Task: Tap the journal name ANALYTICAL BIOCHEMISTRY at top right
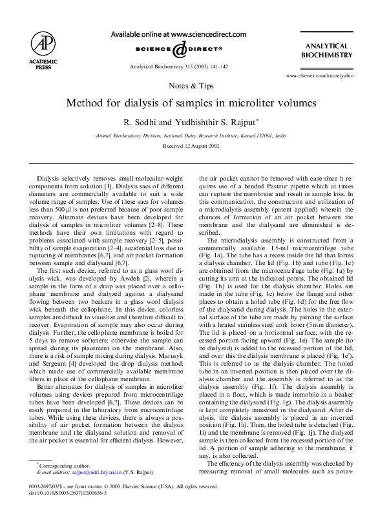point(327,51)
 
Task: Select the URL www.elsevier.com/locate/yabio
point(319,76)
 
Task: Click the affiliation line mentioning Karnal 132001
point(190,136)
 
